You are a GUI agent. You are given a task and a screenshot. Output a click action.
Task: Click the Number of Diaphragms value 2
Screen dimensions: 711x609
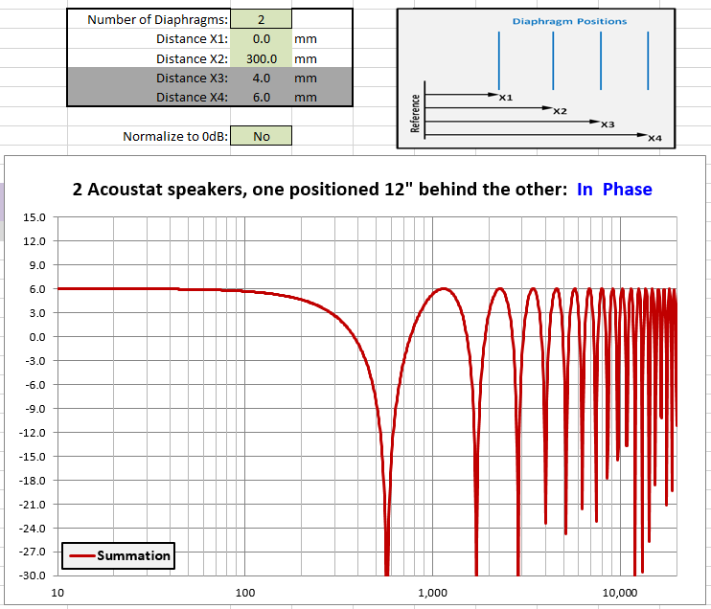coord(262,19)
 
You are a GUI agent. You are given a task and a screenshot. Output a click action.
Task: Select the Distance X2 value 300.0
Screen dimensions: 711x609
coord(262,59)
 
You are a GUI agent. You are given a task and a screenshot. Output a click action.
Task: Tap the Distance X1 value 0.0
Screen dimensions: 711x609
coord(262,39)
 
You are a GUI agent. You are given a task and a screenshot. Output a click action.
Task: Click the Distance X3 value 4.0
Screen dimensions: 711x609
coord(262,78)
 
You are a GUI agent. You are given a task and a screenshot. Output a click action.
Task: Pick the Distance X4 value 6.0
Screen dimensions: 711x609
coord(262,98)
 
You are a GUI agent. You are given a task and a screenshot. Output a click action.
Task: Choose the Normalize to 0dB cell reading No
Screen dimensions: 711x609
coord(262,136)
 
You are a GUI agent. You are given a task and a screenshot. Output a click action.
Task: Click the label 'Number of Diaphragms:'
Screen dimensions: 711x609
coord(157,20)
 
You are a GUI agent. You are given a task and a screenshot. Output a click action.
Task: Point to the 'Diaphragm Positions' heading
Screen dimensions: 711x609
coord(569,21)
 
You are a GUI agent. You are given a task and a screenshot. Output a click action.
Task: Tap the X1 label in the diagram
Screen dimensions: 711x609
coord(506,98)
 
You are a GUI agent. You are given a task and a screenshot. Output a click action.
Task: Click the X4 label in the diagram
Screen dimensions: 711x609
coord(654,138)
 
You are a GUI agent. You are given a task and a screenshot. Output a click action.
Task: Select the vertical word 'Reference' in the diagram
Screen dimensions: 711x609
coord(415,113)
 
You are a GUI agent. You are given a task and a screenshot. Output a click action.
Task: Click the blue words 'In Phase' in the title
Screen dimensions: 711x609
coord(614,189)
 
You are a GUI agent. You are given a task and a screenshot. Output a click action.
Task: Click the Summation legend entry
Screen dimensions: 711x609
coord(119,555)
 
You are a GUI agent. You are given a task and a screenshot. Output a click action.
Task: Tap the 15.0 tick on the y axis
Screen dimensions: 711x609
coord(34,217)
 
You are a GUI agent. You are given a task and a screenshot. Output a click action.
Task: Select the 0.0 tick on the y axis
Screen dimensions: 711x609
coord(37,337)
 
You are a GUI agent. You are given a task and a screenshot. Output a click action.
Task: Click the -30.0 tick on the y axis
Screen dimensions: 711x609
coord(33,575)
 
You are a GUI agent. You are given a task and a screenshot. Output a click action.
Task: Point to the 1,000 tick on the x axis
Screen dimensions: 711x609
coord(432,593)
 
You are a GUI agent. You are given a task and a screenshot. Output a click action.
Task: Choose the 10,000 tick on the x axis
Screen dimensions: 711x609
coord(620,593)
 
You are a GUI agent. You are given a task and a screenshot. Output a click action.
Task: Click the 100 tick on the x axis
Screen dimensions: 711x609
coord(245,593)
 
